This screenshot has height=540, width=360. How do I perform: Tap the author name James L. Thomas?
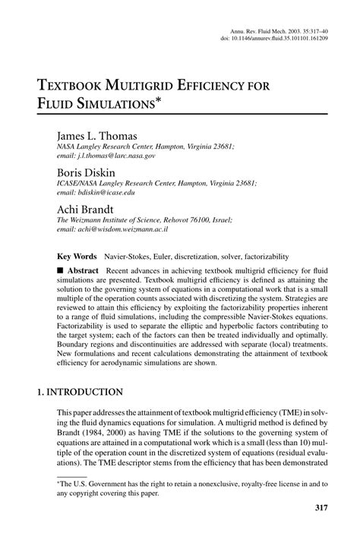click(x=96, y=135)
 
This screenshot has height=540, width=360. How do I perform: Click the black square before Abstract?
click(x=61, y=270)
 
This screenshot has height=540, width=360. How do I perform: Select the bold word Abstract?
click(x=83, y=270)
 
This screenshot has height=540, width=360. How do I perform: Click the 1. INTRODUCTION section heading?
click(x=81, y=392)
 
